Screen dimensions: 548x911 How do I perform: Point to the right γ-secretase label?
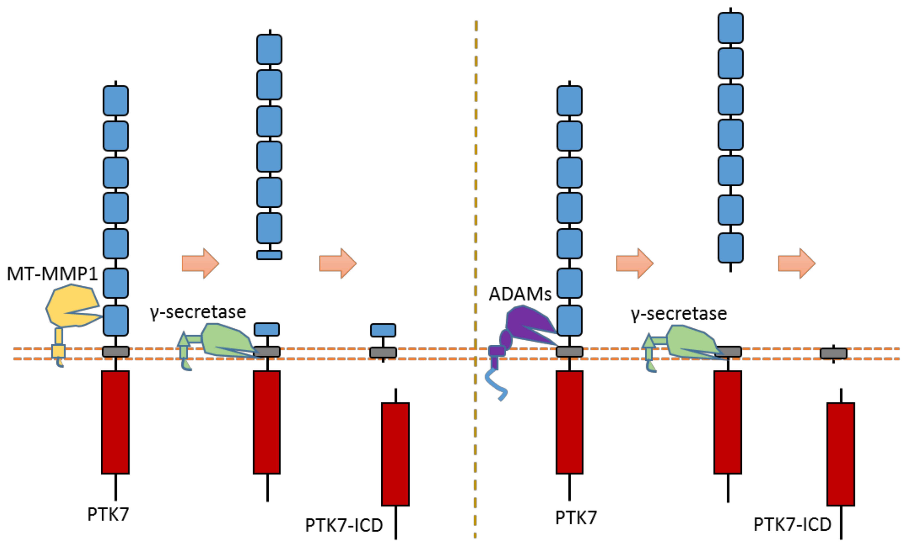coord(678,314)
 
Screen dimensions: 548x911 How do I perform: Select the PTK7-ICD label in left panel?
coord(344,525)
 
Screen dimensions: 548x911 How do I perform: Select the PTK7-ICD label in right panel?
coord(792,524)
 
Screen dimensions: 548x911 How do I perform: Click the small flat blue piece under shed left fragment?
coord(269,255)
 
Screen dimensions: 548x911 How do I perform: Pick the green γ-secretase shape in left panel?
coord(226,340)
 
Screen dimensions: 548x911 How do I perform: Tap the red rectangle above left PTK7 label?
coord(115,422)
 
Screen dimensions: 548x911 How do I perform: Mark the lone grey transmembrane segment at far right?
coord(833,353)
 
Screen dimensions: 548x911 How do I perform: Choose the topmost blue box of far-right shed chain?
coord(731,28)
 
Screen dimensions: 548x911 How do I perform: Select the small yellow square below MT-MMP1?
coord(58,351)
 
